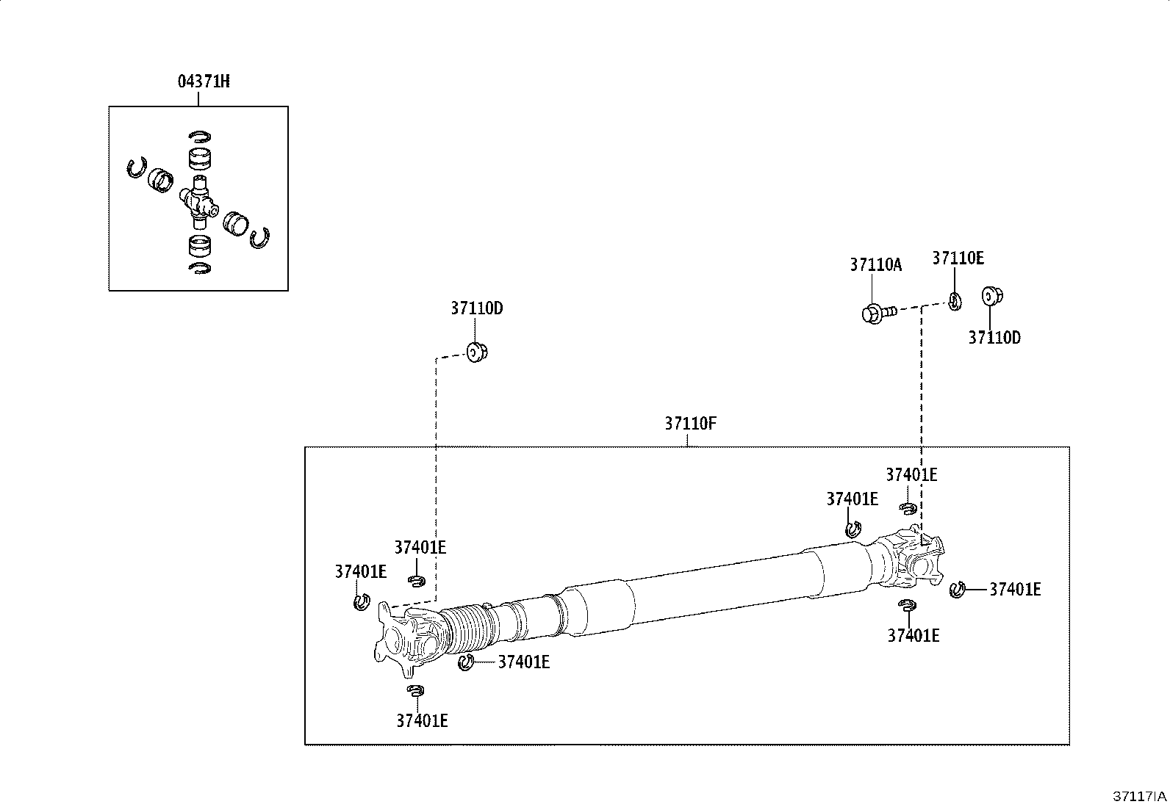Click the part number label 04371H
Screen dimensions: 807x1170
[x=204, y=82]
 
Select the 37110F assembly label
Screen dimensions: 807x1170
[x=690, y=424]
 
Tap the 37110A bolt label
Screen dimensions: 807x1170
[x=875, y=265]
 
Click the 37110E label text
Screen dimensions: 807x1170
[x=958, y=258]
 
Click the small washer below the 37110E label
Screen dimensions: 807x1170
[x=954, y=301]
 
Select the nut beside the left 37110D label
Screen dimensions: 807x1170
[x=477, y=352]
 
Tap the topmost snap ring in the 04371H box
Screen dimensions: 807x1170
[x=199, y=136]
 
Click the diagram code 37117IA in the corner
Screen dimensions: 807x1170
[x=1138, y=796]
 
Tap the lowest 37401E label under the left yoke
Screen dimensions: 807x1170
[x=422, y=721]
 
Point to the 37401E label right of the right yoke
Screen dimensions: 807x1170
[x=1015, y=589]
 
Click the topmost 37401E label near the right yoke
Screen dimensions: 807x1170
[x=911, y=475]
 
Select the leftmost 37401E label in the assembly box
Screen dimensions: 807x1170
[x=360, y=571]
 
